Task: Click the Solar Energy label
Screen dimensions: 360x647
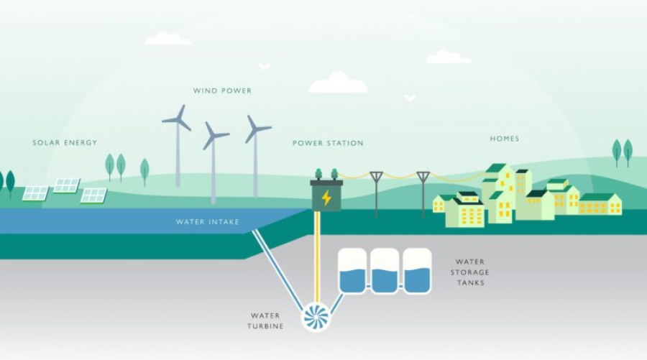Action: pyautogui.click(x=65, y=143)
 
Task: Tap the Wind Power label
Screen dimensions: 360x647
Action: pyautogui.click(x=222, y=91)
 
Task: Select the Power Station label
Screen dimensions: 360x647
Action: pyautogui.click(x=328, y=144)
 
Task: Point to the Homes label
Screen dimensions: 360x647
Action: pyautogui.click(x=504, y=139)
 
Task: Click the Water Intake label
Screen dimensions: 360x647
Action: pyautogui.click(x=208, y=222)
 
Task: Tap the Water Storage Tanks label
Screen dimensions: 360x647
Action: pyautogui.click(x=470, y=272)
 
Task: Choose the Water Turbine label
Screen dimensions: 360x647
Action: pyautogui.click(x=267, y=320)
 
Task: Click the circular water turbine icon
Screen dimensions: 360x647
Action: pyautogui.click(x=315, y=316)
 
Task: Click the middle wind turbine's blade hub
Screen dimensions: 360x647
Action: pyautogui.click(x=214, y=135)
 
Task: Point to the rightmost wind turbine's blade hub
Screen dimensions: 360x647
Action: pyautogui.click(x=254, y=129)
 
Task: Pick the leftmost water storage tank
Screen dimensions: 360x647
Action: pyautogui.click(x=352, y=271)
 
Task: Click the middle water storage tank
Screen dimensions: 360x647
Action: pyautogui.click(x=385, y=271)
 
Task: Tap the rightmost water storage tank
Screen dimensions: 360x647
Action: pyautogui.click(x=417, y=271)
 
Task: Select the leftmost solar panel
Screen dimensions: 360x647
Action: pyautogui.click(x=35, y=193)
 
